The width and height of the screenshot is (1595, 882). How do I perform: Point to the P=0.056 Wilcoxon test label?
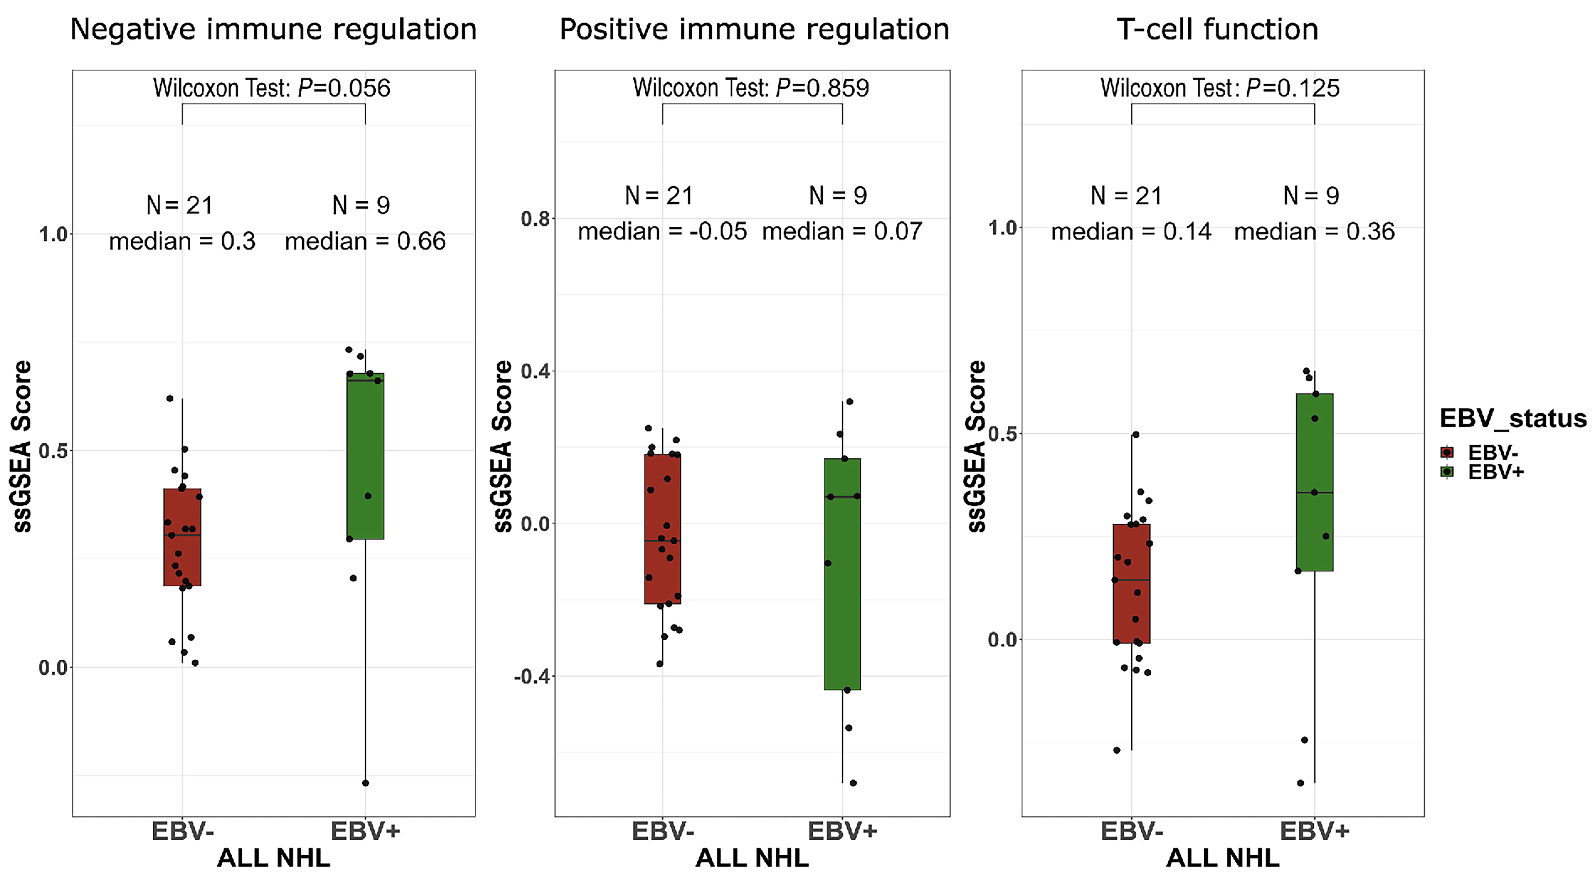pyautogui.click(x=272, y=88)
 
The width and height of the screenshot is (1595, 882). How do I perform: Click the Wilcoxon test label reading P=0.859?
pyautogui.click(x=750, y=88)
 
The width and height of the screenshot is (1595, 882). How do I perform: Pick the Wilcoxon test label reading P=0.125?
pyautogui.click(x=1220, y=88)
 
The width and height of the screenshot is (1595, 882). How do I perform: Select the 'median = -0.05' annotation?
pyautogui.click(x=662, y=231)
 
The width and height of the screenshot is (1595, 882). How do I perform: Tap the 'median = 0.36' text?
pyautogui.click(x=1314, y=231)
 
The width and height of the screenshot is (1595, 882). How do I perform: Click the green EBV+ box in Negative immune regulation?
pyautogui.click(x=365, y=456)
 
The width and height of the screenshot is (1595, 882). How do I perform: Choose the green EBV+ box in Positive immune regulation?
pyautogui.click(x=842, y=574)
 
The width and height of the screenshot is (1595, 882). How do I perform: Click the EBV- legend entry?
pyautogui.click(x=1492, y=453)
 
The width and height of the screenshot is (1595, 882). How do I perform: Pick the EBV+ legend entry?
pyautogui.click(x=1495, y=472)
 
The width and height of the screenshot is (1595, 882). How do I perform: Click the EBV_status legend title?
pyautogui.click(x=1512, y=418)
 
